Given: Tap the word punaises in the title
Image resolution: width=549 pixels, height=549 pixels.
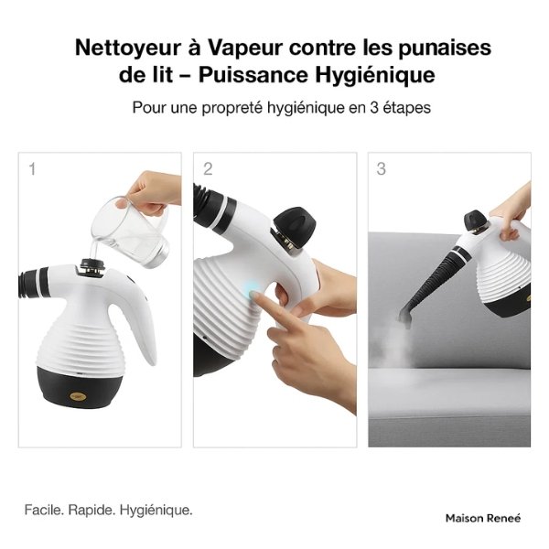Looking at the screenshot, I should (x=442, y=48).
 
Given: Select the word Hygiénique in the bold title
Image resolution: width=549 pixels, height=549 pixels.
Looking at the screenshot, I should (x=370, y=74).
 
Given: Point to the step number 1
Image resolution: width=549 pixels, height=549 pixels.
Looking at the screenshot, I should (x=32, y=168).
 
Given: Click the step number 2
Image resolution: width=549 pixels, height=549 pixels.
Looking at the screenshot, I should (x=208, y=168).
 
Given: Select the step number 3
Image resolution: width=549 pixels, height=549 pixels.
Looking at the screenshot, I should (x=381, y=168).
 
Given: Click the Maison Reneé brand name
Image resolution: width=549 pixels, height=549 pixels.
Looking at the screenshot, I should (x=482, y=518).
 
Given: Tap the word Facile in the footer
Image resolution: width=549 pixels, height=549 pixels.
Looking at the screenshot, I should (x=43, y=510).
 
